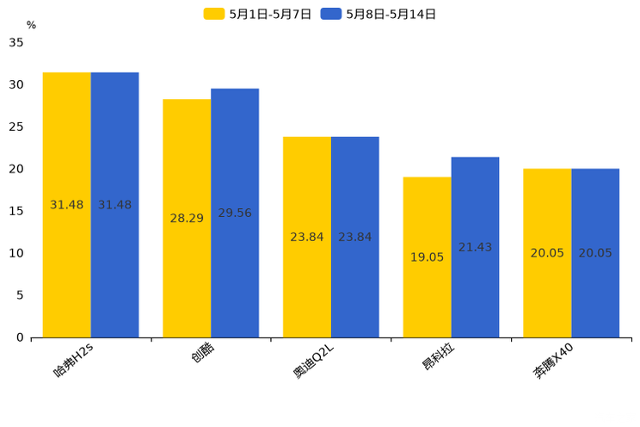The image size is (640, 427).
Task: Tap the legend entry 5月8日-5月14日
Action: point(378,14)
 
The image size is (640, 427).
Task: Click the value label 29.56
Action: point(235,213)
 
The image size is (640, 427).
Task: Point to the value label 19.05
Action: point(427,257)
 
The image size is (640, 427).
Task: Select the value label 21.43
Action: point(475,247)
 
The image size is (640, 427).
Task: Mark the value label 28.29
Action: point(187,219)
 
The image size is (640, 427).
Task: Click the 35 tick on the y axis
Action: point(16,42)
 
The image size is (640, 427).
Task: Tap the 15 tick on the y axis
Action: point(16,211)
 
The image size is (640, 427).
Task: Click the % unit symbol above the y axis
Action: point(31,26)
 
